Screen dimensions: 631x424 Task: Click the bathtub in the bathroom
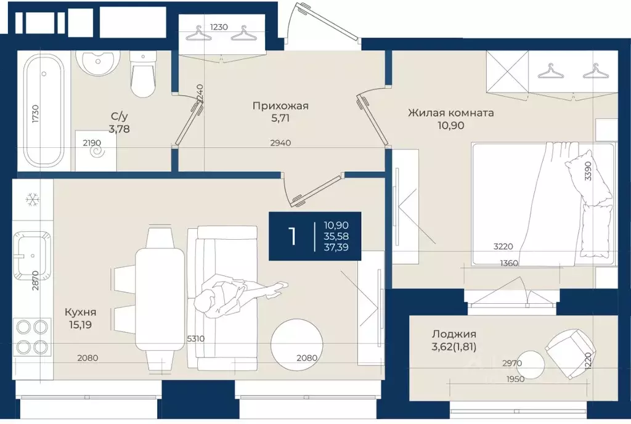[44, 110]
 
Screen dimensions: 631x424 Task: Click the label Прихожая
[280, 106]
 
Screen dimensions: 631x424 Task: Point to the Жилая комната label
[450, 113]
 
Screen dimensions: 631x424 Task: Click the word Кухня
[81, 312]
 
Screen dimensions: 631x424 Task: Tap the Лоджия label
[454, 333]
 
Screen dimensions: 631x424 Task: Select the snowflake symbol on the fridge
[32, 200]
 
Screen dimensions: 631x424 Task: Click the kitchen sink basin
[32, 255]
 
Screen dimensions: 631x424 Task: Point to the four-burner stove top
[32, 336]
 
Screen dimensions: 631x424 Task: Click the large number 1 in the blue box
[293, 236]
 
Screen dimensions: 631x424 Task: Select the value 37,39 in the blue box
[336, 247]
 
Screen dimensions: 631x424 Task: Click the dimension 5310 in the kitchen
[195, 339]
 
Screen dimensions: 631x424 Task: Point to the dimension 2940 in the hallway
[280, 143]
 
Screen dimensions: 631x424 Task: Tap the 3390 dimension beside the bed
[588, 171]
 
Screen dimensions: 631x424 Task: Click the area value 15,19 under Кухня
[81, 325]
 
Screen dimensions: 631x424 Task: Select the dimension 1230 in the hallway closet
[219, 27]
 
